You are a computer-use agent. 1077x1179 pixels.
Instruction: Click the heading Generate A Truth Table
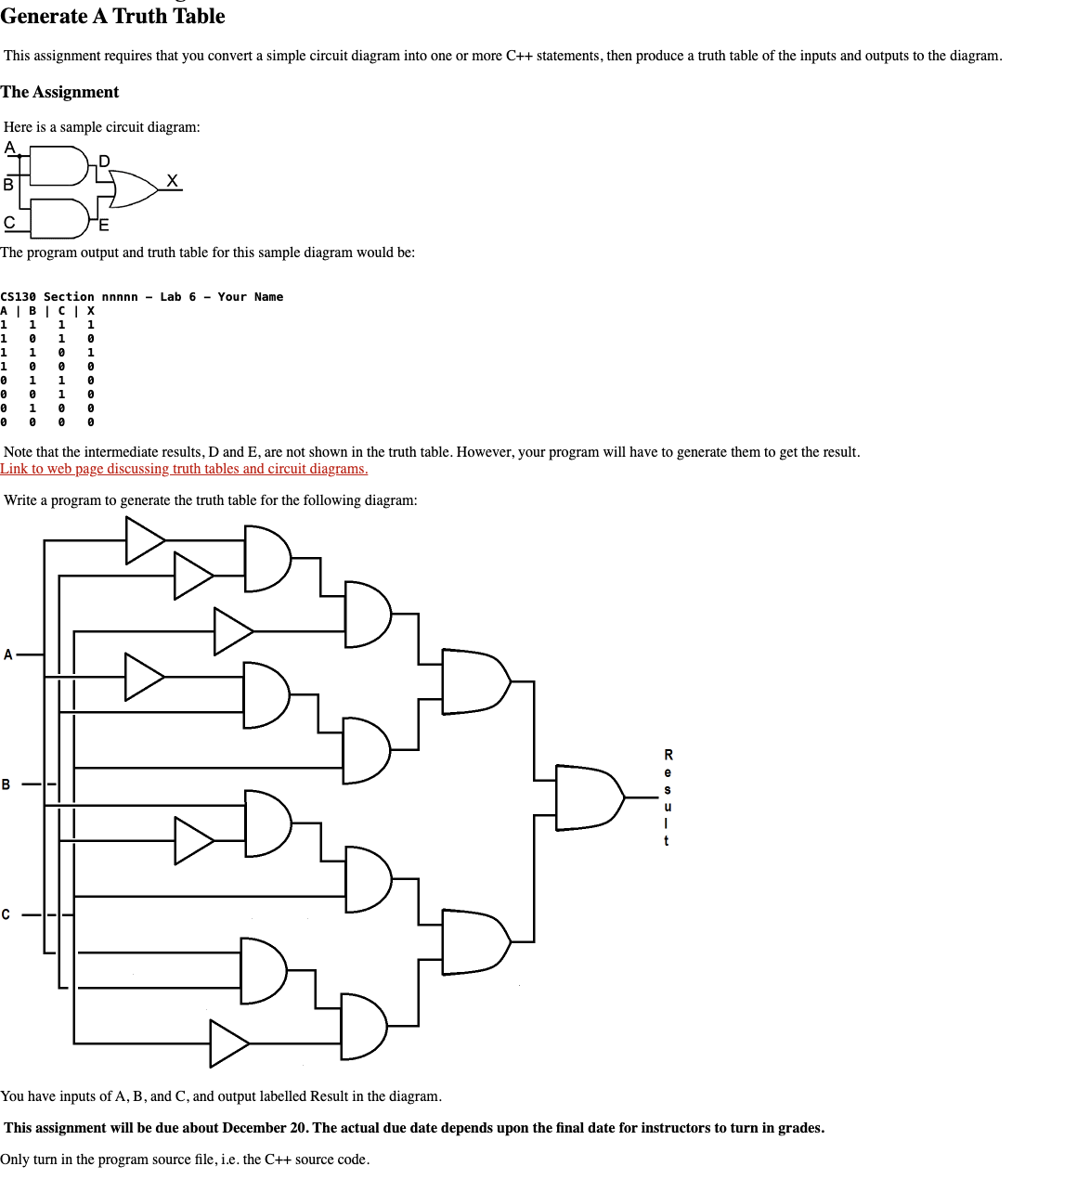pos(112,16)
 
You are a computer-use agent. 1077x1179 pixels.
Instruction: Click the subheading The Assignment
pos(59,92)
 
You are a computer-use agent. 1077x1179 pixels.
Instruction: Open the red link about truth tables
pos(184,469)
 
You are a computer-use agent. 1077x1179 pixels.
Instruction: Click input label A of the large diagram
pos(8,654)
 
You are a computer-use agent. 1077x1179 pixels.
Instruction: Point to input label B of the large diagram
pos(6,784)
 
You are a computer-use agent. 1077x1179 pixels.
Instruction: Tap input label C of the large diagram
pos(6,914)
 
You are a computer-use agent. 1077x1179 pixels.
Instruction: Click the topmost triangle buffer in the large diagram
pos(145,540)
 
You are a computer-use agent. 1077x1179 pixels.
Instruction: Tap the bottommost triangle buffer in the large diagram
pos(228,1043)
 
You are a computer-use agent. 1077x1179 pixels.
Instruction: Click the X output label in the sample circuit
pos(173,180)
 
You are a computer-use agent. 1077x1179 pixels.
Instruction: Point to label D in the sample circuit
pos(104,162)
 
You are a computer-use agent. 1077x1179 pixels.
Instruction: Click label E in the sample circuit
pos(103,225)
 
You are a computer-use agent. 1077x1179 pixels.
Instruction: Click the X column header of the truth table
pos(90,311)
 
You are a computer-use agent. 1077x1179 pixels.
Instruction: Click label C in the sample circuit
pos(9,223)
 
